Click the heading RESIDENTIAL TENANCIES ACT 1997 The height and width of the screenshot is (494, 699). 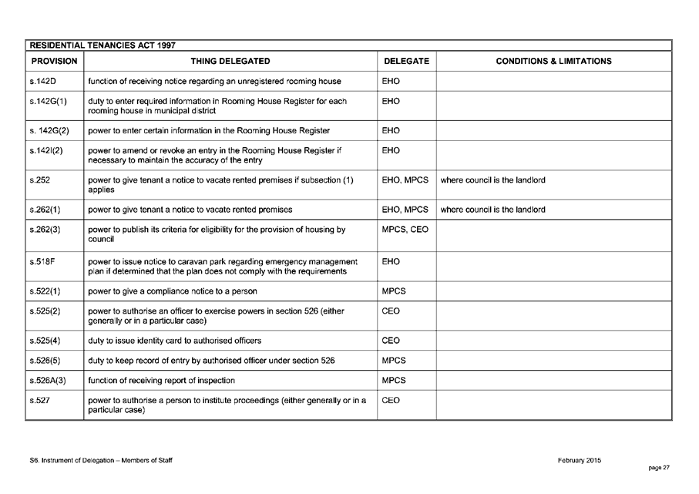[x=102, y=46]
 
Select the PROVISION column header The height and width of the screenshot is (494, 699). [x=54, y=61]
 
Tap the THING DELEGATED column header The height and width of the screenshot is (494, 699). [x=230, y=61]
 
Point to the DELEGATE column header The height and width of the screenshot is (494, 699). [x=406, y=61]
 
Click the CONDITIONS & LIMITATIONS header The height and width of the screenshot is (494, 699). [x=553, y=61]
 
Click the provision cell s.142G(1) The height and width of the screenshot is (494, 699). [x=48, y=101]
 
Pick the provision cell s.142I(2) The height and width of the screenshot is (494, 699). [x=47, y=150]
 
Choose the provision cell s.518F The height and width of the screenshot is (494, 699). [x=42, y=262]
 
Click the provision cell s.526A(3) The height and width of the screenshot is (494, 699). [x=48, y=380]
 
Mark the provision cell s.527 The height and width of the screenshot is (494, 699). [x=39, y=400]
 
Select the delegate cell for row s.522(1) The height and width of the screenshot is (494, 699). [x=394, y=291]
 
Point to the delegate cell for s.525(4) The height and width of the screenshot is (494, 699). [x=391, y=341]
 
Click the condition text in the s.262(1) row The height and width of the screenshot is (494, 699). [x=492, y=210]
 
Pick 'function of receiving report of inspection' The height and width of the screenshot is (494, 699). [x=162, y=380]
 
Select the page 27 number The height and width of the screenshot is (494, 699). [x=660, y=468]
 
